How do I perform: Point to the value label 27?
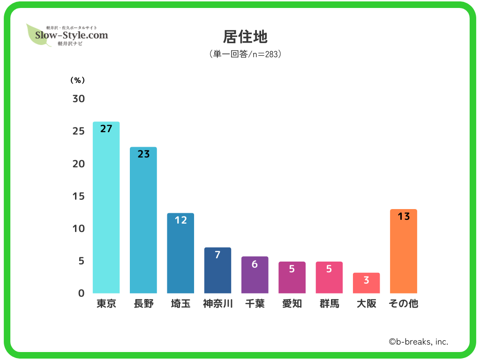coord(106,128)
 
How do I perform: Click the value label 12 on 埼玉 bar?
coord(180,220)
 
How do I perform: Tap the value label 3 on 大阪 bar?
coord(366,280)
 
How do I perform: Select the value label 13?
coord(404,217)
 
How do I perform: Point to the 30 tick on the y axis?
coord(78,99)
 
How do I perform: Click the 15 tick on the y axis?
coord(78,196)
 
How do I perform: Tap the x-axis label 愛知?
coord(292,304)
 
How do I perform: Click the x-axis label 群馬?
coord(329,304)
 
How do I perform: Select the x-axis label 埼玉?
coord(180,304)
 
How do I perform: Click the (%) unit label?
coord(77,80)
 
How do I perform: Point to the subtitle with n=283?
coord(245,54)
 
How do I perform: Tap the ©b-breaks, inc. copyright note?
coord(418,342)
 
